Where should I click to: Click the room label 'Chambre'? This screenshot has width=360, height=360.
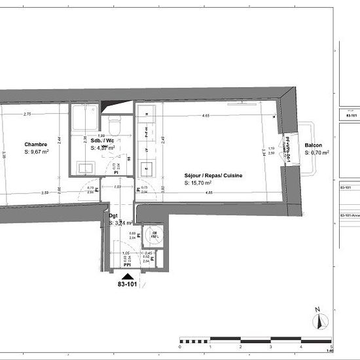(x=35, y=145)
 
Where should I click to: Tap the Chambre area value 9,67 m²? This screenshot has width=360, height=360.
(x=39, y=152)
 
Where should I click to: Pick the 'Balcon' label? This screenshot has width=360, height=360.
(x=313, y=145)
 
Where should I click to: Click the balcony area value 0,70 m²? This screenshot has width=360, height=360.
(x=317, y=152)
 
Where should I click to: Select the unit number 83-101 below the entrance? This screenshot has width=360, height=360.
(x=127, y=285)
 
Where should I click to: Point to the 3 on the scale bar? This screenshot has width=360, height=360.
(x=271, y=347)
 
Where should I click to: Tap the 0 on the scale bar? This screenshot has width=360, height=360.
(x=180, y=347)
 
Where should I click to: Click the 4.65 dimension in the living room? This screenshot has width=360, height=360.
(x=206, y=116)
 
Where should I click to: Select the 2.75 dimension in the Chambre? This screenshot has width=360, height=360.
(x=27, y=115)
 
